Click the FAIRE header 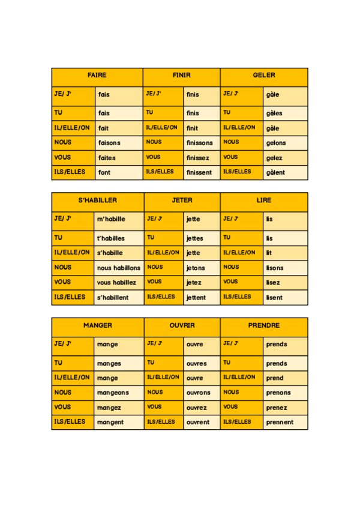[x=97, y=76]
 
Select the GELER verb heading [x=264, y=76]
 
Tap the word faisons [x=109, y=143]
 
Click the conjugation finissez [x=198, y=158]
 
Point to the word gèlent [x=276, y=173]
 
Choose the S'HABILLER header [x=97, y=200]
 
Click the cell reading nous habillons [x=119, y=268]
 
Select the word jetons [x=196, y=268]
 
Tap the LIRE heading [x=264, y=200]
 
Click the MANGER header [x=97, y=325]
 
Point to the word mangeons [x=113, y=393]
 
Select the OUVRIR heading [x=182, y=325]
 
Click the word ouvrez [x=197, y=408]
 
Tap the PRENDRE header [x=264, y=325]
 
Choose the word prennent [x=280, y=422]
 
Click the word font [x=104, y=173]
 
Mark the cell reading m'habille [x=111, y=219]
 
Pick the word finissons [x=200, y=143]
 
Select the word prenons [x=278, y=393]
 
